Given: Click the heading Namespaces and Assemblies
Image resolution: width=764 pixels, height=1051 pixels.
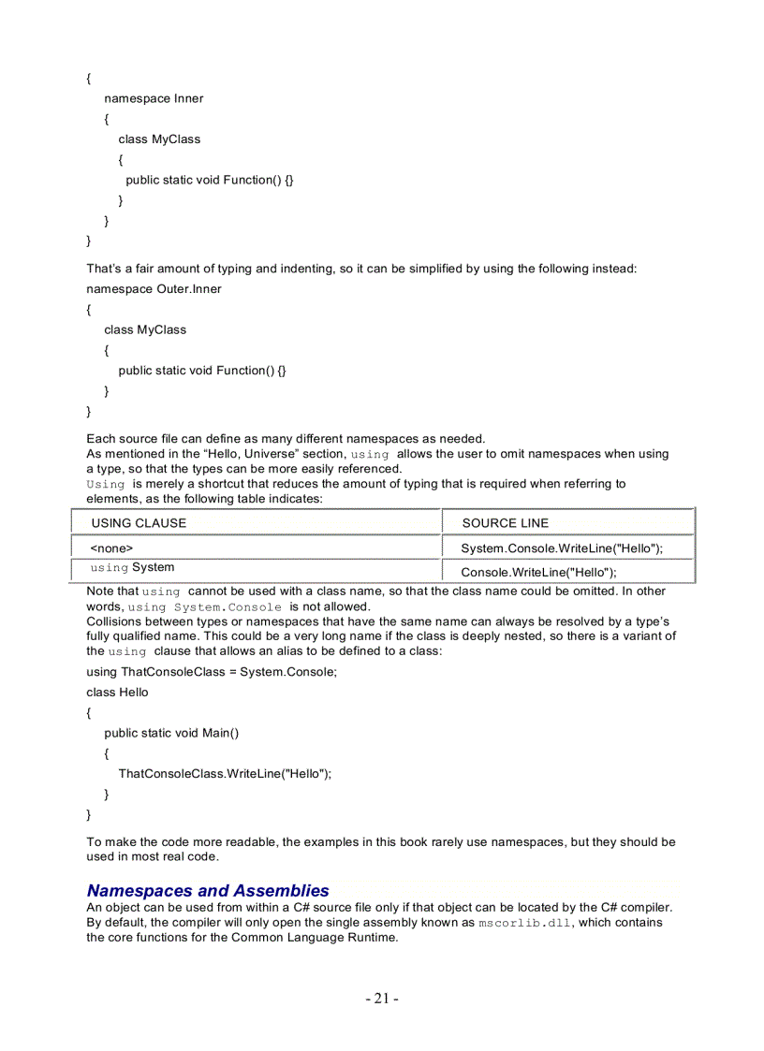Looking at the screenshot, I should [208, 890].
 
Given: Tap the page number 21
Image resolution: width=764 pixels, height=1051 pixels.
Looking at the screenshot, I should [382, 999].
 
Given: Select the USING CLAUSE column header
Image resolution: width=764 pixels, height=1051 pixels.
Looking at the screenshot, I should [139, 523].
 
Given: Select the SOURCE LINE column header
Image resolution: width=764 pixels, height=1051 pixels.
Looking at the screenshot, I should [506, 523].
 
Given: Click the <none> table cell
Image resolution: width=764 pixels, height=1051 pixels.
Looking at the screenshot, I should [111, 547].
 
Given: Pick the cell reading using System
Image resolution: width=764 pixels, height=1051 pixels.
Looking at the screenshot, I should [132, 567].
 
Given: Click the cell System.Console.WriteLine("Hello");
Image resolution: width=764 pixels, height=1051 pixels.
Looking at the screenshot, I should [562, 547].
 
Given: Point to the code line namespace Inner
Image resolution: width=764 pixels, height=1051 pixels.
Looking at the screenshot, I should [154, 98].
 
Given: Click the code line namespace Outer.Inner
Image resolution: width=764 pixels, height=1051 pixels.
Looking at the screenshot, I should [154, 289].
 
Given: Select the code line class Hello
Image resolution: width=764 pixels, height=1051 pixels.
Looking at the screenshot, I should [117, 693].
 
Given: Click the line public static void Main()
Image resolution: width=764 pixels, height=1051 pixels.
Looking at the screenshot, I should [171, 733].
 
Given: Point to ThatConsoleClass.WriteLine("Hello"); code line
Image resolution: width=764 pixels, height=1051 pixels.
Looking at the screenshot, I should [225, 773].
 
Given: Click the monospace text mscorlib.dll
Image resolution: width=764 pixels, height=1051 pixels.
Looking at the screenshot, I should [523, 923].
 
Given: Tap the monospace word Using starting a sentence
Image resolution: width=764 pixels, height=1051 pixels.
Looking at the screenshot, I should [106, 484].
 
